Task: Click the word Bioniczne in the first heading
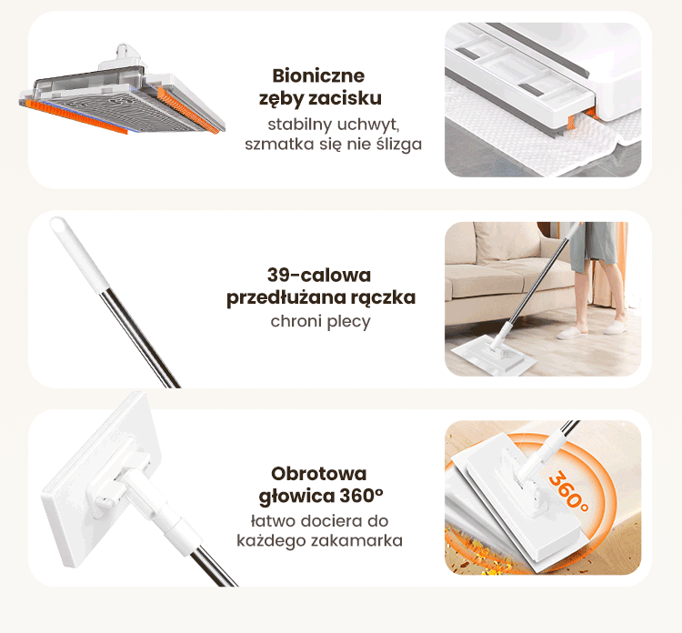tap(318, 75)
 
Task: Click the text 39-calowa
tap(319, 275)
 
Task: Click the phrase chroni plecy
tap(321, 322)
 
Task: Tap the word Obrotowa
tap(319, 474)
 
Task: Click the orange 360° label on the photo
tap(568, 491)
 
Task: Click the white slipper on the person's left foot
tap(572, 332)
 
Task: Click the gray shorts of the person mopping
tap(594, 245)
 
